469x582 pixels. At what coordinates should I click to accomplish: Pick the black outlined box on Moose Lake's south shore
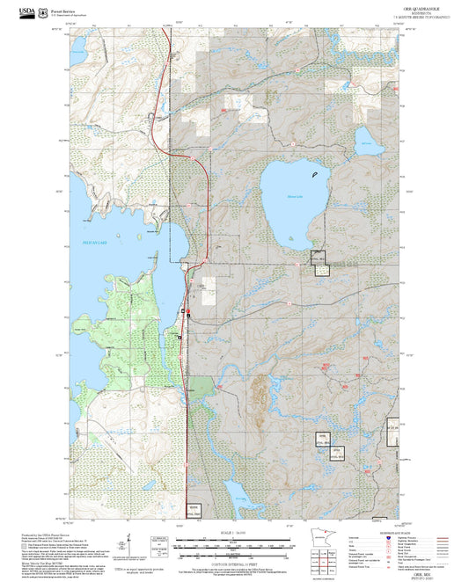tap(318, 258)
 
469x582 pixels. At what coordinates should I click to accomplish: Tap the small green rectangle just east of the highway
tap(202, 385)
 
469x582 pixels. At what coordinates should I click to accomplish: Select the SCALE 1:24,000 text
tap(234, 531)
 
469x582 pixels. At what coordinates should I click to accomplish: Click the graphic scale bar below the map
tap(234, 539)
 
